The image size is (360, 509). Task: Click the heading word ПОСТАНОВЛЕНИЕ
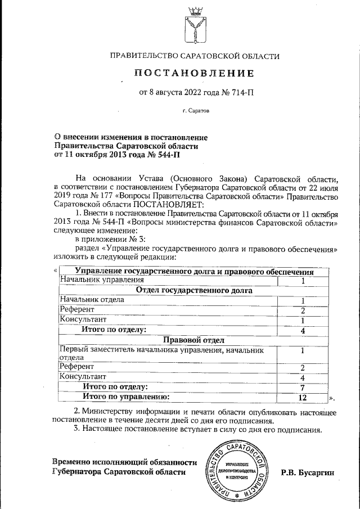tap(194, 74)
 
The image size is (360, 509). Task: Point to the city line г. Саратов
tap(195, 111)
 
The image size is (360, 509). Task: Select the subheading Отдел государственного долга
tap(194, 290)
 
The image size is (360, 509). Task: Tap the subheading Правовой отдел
tap(194, 340)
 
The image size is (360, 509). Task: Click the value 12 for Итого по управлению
tap(303, 397)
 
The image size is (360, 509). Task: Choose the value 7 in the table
tap(303, 388)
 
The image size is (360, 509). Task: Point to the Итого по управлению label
tap(126, 397)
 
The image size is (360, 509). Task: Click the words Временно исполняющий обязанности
tap(124, 462)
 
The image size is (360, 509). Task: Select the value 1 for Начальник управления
tap(303, 281)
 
